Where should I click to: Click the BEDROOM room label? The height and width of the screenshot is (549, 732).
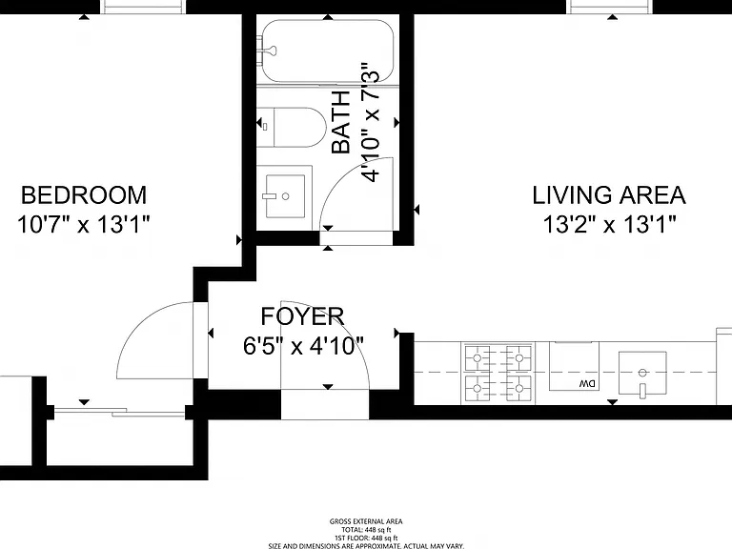pyautogui.click(x=84, y=195)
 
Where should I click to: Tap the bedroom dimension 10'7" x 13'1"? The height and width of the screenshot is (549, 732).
pyautogui.click(x=84, y=225)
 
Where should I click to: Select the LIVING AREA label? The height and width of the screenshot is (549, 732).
pyautogui.click(x=609, y=195)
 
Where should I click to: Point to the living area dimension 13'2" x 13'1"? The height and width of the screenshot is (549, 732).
pyautogui.click(x=609, y=225)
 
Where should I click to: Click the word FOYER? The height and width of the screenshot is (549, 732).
pyautogui.click(x=302, y=316)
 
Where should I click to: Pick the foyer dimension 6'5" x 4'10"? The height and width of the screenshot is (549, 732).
pyautogui.click(x=303, y=346)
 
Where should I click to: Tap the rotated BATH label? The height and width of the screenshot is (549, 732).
pyautogui.click(x=341, y=122)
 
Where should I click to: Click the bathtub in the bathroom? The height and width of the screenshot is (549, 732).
pyautogui.click(x=328, y=51)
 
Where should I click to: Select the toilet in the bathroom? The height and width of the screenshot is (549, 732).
pyautogui.click(x=292, y=127)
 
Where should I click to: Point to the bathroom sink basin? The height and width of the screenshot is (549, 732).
pyautogui.click(x=285, y=196)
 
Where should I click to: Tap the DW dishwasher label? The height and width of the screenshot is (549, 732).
pyautogui.click(x=588, y=384)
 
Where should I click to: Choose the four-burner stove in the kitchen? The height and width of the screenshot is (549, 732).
pyautogui.click(x=498, y=374)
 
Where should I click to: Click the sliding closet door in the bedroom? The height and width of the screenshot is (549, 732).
pyautogui.click(x=119, y=412)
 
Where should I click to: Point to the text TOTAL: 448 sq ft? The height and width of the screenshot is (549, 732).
pyautogui.click(x=366, y=530)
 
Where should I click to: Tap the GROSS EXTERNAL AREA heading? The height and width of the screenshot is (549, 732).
pyautogui.click(x=366, y=522)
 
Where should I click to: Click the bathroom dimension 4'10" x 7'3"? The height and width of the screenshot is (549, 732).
pyautogui.click(x=371, y=122)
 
